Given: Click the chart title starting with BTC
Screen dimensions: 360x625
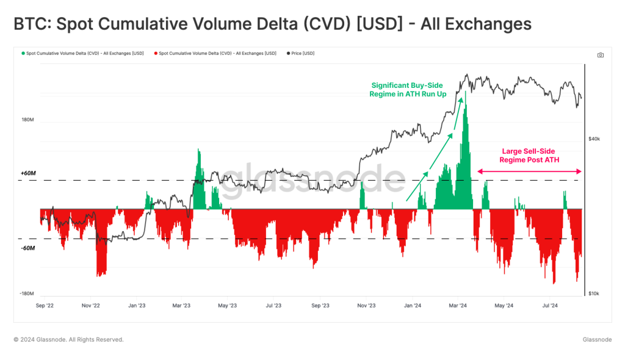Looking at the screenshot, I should pos(272,24).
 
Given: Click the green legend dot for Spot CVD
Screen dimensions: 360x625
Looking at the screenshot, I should pos(23,54).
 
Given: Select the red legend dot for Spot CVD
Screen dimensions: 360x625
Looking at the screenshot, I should pos(156,54).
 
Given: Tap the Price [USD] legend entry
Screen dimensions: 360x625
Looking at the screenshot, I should pos(303,54).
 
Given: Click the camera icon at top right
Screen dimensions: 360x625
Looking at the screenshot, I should pos(601,55).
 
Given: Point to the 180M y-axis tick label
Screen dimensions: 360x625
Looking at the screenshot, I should pos(27,120).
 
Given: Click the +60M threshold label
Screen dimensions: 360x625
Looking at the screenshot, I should pos(28,173).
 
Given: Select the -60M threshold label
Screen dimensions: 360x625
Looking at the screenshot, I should pos(28,248).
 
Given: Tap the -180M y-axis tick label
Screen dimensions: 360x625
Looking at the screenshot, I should pos(26,293).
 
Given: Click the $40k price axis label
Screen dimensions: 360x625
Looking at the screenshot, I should pos(594,139).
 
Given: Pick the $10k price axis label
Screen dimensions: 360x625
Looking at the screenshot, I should pos(594,293).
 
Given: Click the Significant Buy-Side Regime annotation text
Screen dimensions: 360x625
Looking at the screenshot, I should pos(407,90).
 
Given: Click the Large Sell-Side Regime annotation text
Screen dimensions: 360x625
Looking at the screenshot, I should pos(529,156).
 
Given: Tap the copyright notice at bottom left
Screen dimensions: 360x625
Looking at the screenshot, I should pos(68,340).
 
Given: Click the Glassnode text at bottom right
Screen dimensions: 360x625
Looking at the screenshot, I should pos(597,340).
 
